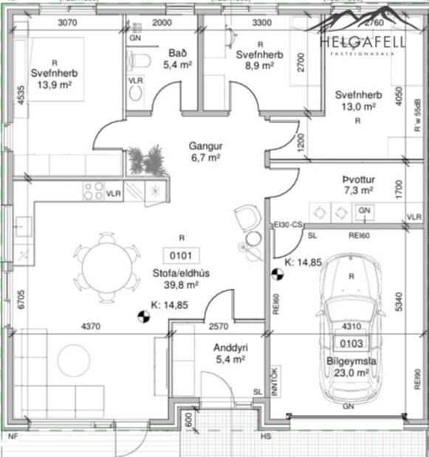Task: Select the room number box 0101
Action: point(181,257)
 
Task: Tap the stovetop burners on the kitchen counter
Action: point(94,191)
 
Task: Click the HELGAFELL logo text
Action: point(363,41)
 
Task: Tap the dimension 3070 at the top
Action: point(68,23)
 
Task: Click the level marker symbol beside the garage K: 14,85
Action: point(278,275)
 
